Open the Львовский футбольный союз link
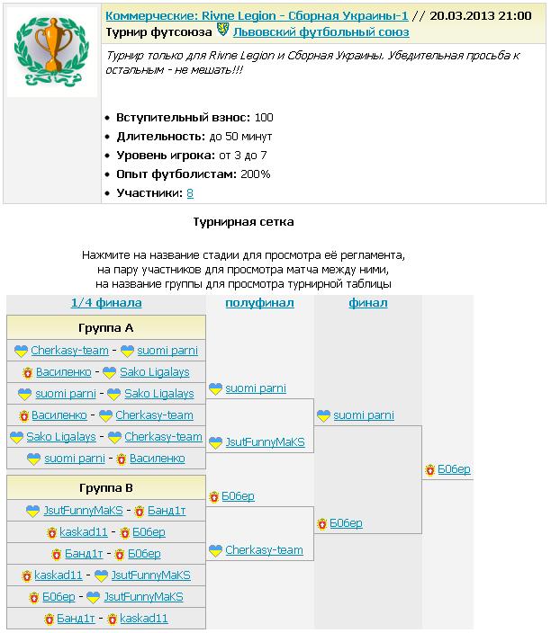click(x=321, y=31)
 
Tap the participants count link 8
click(x=190, y=192)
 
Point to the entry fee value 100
click(x=264, y=117)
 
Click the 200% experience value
click(x=255, y=174)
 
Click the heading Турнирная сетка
click(x=243, y=221)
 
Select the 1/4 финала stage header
click(x=105, y=302)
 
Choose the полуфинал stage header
click(x=259, y=302)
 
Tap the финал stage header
click(x=367, y=302)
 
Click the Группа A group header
click(x=105, y=328)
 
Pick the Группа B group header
click(x=105, y=488)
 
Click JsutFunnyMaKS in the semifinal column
click(x=265, y=442)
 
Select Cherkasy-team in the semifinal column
click(x=264, y=550)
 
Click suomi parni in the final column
click(x=364, y=415)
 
